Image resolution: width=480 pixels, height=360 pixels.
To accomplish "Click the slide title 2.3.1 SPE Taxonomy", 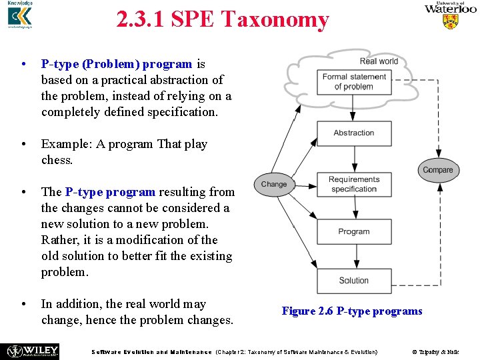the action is pyautogui.click(x=222, y=20).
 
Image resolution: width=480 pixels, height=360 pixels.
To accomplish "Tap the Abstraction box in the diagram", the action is pyautogui.click(x=353, y=133).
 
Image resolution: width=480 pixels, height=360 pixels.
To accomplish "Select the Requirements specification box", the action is pyautogui.click(x=353, y=184).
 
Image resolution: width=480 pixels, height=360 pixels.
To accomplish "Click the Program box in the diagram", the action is pyautogui.click(x=353, y=231).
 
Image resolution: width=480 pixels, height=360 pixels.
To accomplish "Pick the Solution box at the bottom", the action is pyautogui.click(x=353, y=280).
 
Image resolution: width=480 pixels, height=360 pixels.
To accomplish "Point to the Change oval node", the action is pyautogui.click(x=274, y=185).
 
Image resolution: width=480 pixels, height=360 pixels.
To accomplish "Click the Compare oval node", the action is pyautogui.click(x=438, y=170).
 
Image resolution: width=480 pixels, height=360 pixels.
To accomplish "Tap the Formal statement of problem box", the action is pyautogui.click(x=354, y=81).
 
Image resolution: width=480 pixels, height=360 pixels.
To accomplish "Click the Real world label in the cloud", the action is pyautogui.click(x=378, y=61).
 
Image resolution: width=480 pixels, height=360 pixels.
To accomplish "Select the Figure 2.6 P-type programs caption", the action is pyautogui.click(x=351, y=311).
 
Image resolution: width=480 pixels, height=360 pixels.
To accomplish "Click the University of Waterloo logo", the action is pyautogui.click(x=451, y=15).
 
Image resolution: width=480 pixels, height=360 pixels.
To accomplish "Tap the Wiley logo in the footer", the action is pyautogui.click(x=33, y=351).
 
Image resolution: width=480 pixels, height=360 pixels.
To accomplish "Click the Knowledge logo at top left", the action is pyautogui.click(x=20, y=15).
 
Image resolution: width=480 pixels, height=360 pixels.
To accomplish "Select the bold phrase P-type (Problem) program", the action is pyautogui.click(x=117, y=64).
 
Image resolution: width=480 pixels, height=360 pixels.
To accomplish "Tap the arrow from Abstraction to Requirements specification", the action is pyautogui.click(x=353, y=159).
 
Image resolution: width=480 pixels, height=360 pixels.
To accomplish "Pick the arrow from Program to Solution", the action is pyautogui.click(x=353, y=256).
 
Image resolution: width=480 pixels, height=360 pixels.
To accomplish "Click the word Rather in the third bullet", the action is pyautogui.click(x=59, y=240).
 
